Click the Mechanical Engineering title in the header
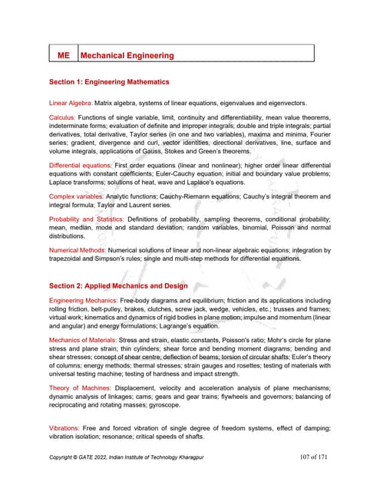127,55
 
